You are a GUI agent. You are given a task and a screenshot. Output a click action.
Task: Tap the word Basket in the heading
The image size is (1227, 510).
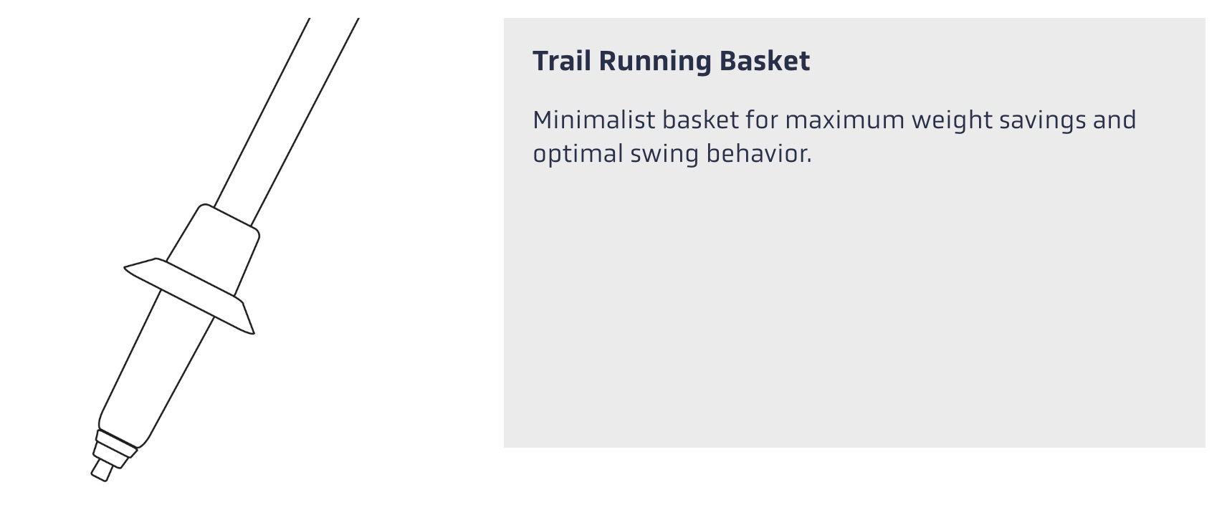click(764, 61)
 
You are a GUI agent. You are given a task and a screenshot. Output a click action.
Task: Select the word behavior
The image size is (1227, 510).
click(759, 154)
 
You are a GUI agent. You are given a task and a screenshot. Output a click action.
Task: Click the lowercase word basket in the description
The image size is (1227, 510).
click(700, 120)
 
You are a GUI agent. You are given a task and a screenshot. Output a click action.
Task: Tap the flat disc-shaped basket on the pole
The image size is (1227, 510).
click(189, 296)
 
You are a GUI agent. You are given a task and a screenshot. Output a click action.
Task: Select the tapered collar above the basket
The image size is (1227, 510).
click(214, 247)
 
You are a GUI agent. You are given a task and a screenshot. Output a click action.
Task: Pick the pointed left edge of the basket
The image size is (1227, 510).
click(125, 268)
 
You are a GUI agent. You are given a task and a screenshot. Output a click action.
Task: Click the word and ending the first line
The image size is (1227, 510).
click(1114, 120)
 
